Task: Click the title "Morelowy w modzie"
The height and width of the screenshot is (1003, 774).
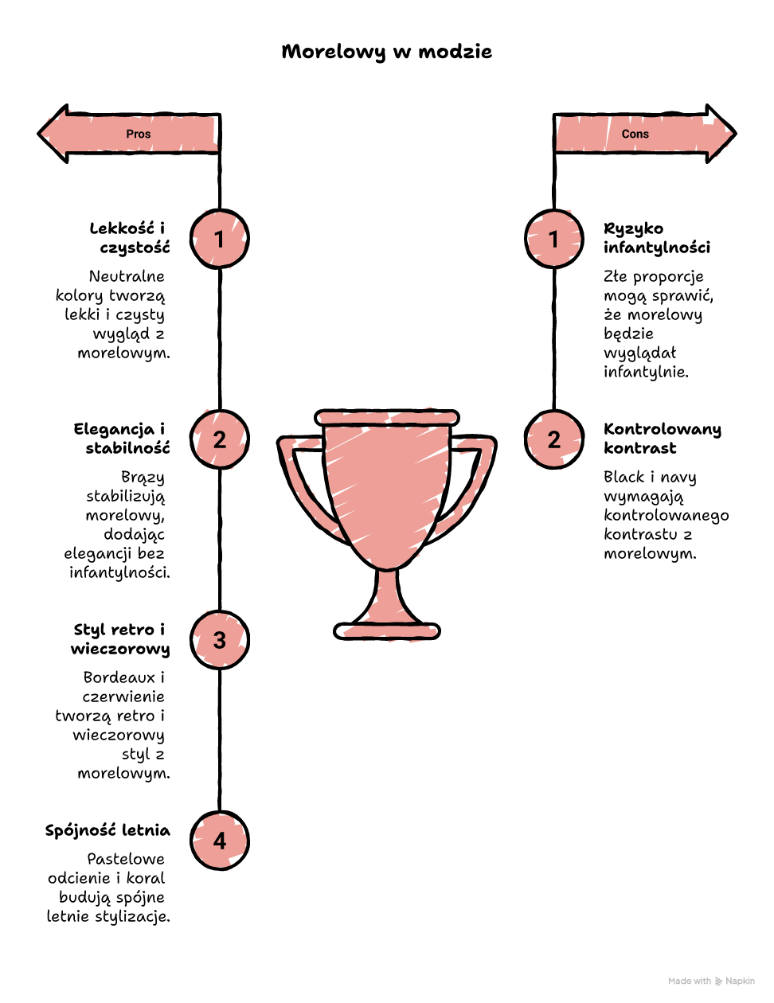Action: click(387, 52)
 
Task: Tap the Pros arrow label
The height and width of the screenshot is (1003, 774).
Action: click(138, 134)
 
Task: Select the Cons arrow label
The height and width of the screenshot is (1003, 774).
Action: click(635, 134)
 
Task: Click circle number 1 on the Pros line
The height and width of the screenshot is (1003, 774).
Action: click(220, 239)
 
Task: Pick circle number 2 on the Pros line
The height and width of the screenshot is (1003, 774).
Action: click(220, 439)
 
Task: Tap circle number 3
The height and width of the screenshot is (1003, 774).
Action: click(220, 640)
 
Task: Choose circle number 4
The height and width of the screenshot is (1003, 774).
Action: click(220, 841)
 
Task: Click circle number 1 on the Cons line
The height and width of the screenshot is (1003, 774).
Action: click(554, 239)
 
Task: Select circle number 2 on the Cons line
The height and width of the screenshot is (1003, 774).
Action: click(554, 439)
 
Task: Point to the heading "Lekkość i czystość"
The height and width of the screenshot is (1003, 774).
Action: click(130, 238)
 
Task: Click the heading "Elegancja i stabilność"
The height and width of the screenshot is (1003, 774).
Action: click(121, 439)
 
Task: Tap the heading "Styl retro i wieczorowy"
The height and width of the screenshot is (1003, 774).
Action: click(120, 639)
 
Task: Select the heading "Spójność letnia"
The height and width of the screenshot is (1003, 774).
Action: click(107, 830)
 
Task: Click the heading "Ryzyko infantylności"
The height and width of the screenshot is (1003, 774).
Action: click(657, 238)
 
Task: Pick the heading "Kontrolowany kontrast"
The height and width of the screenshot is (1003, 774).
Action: click(663, 439)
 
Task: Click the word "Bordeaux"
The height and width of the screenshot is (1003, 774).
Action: click(119, 677)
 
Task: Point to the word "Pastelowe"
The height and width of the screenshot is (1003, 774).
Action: click(126, 859)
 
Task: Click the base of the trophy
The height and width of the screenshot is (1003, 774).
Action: click(387, 631)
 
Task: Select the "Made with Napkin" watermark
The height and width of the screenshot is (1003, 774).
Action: click(711, 981)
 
